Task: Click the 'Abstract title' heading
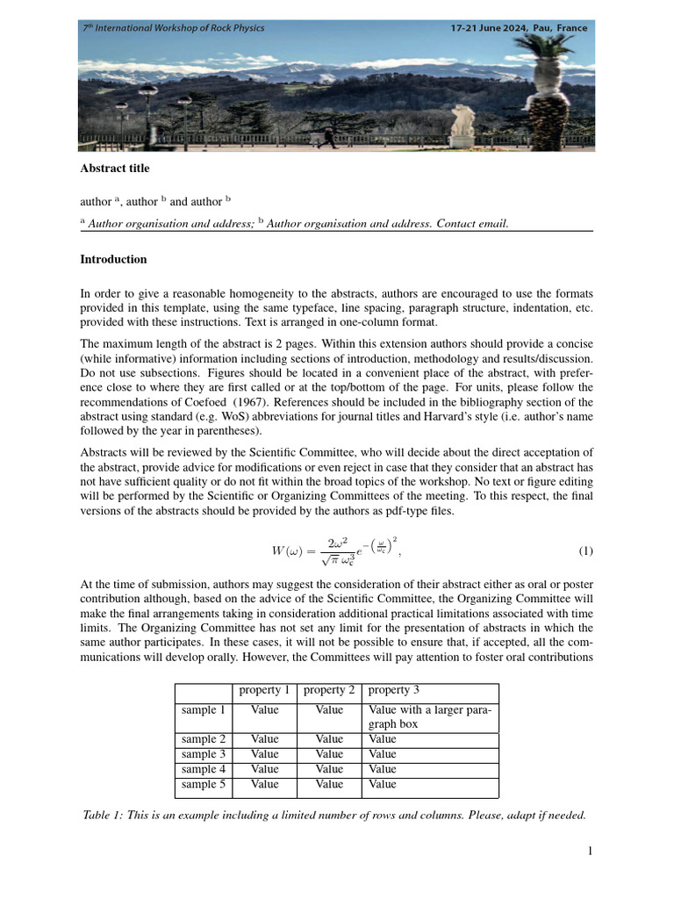(115, 169)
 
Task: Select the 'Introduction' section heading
(113, 260)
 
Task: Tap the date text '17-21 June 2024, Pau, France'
(519, 28)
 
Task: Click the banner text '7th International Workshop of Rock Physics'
(173, 28)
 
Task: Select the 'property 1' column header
(264, 691)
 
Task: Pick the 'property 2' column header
(329, 691)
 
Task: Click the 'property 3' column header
(394, 691)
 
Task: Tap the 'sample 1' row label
(204, 710)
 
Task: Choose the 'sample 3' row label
(204, 754)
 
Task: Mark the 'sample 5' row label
(204, 784)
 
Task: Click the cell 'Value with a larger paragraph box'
(430, 717)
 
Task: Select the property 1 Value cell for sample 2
(264, 739)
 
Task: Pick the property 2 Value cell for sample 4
(329, 769)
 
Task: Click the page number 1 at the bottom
(591, 851)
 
